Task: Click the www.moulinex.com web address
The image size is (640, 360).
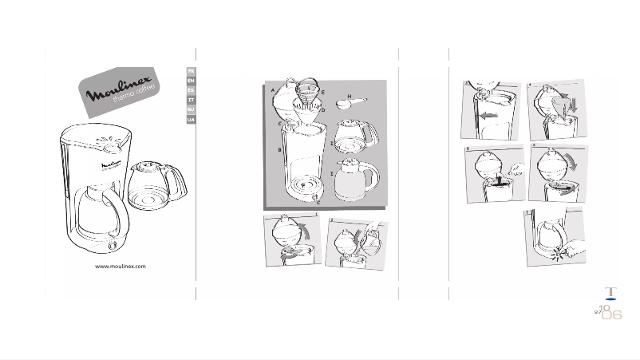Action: point(120,267)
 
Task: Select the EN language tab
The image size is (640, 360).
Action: point(191,81)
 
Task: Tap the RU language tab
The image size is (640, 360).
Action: point(191,109)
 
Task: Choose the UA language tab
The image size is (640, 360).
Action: point(191,119)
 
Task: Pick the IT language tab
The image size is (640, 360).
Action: point(191,100)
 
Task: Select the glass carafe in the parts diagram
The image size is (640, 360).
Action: point(354,136)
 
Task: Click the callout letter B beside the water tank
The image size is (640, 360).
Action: point(279,149)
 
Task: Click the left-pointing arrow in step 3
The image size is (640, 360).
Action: point(488,116)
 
